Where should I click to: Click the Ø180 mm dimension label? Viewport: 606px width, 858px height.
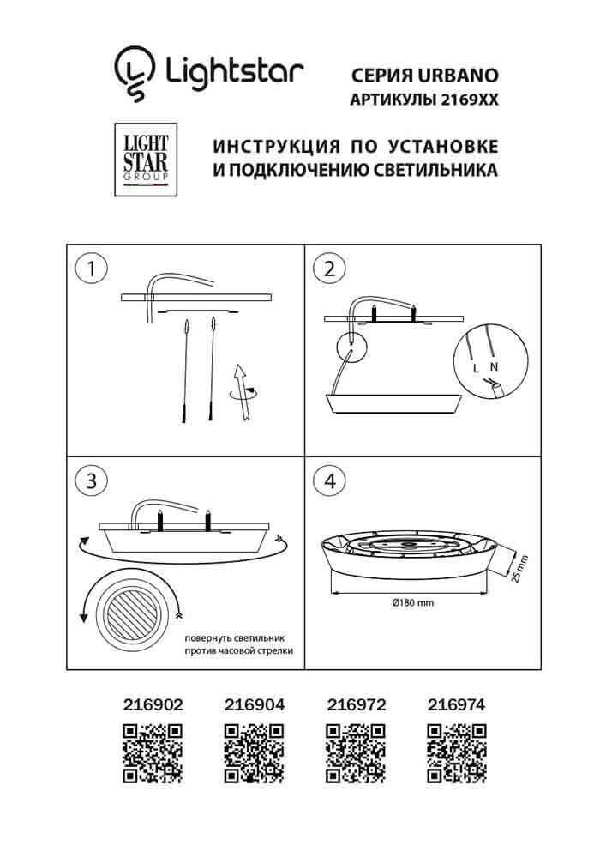(413, 603)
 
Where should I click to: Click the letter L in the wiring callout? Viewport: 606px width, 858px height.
(476, 368)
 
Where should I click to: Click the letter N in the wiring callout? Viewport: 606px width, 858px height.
(493, 366)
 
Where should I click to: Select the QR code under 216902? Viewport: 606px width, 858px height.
(153, 752)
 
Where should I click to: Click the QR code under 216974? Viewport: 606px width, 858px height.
(456, 752)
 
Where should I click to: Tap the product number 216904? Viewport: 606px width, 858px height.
(254, 704)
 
